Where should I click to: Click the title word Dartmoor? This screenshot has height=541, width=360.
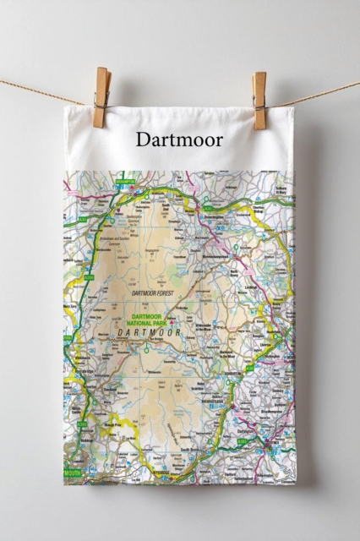(179, 139)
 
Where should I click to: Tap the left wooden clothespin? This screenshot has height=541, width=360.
(102, 97)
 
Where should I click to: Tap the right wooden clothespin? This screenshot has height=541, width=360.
(259, 99)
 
